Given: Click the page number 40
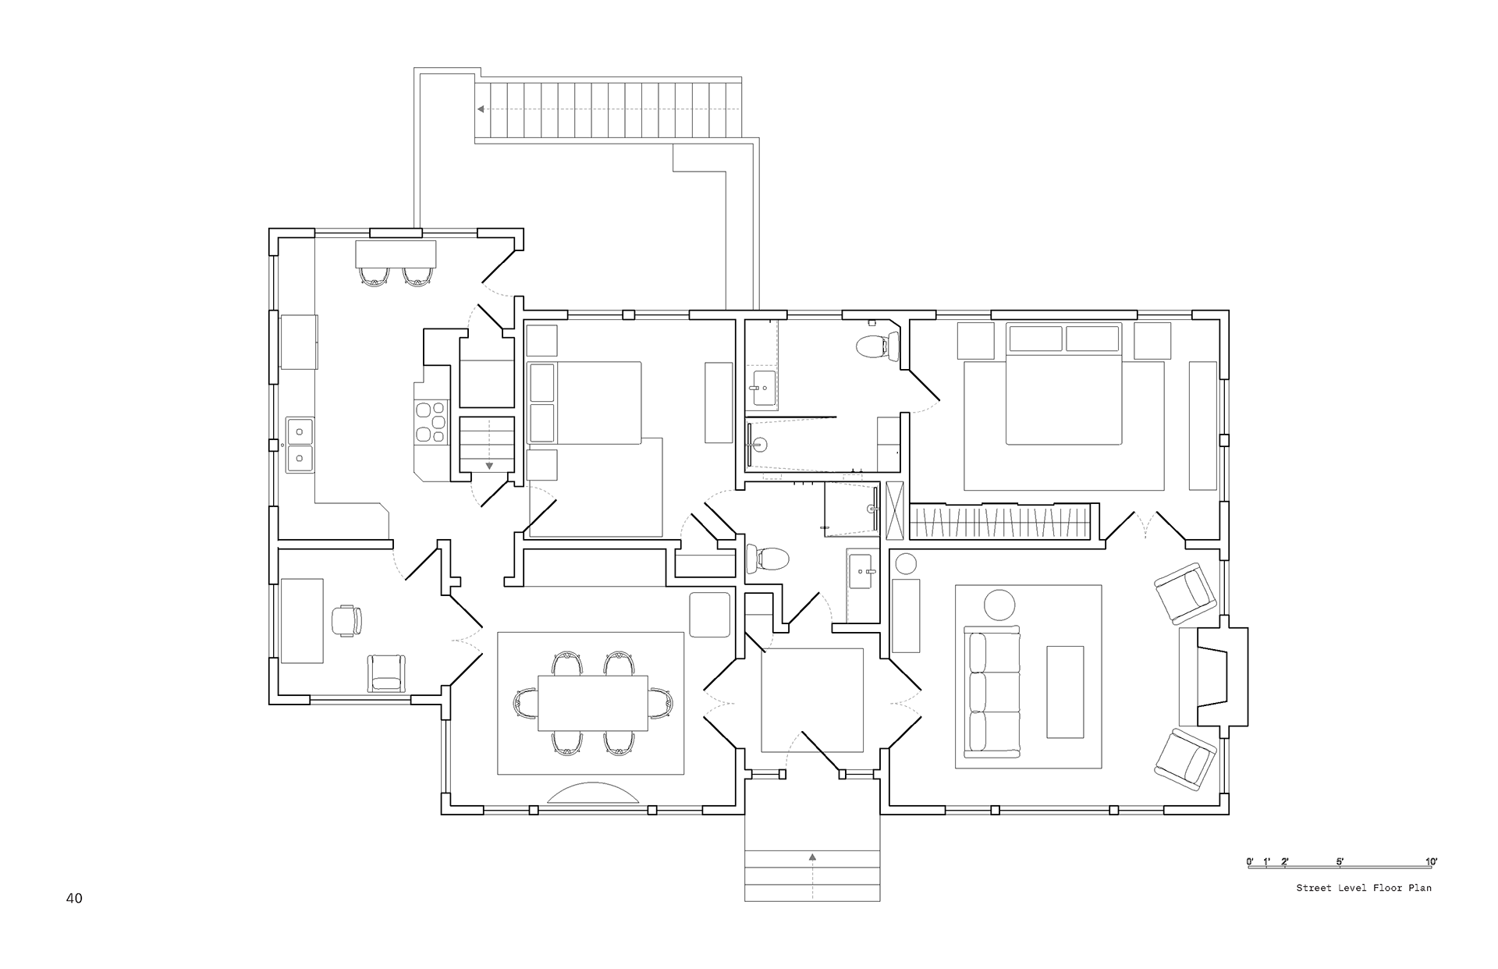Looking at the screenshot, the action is (x=74, y=898).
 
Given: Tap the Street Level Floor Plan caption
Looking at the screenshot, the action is (x=1364, y=888).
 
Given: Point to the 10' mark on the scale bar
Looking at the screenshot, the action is (x=1431, y=862).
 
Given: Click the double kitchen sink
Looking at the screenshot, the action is (x=300, y=445).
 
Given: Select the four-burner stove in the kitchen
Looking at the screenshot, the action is (x=431, y=422).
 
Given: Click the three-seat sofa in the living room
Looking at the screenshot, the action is (x=992, y=691).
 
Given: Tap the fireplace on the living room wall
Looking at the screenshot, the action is (x=1213, y=676).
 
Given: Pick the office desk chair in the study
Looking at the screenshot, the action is (x=347, y=620).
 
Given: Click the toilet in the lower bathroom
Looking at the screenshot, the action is (x=768, y=559).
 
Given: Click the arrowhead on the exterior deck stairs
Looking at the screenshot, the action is (x=483, y=109).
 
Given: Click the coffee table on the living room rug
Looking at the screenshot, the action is (x=1065, y=691).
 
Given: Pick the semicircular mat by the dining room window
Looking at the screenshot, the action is (x=593, y=793).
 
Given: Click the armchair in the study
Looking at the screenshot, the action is (x=386, y=673).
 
